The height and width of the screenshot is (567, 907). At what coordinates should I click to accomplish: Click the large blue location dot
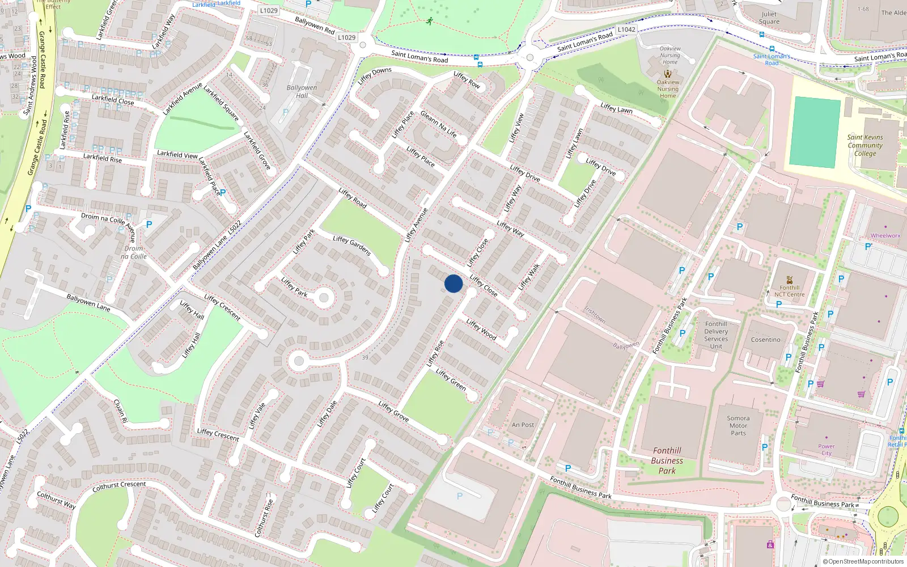[453, 283]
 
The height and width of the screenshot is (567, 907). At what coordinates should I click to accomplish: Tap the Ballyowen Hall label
[302, 91]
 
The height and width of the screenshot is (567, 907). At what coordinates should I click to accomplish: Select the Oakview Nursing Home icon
[668, 74]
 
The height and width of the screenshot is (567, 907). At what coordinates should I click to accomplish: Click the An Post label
[523, 425]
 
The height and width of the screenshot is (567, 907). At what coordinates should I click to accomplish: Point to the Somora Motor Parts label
[738, 425]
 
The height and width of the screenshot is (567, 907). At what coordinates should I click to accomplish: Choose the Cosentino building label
[765, 340]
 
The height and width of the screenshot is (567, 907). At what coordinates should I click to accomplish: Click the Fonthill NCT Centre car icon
[790, 280]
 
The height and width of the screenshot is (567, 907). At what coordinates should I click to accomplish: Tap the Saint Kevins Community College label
[865, 145]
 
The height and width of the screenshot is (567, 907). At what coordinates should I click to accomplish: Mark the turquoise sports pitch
[815, 132]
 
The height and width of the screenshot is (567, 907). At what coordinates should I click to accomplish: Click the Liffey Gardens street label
[352, 246]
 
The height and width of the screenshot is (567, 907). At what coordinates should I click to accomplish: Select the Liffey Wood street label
[481, 329]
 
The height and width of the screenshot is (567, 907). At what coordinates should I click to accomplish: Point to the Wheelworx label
[885, 235]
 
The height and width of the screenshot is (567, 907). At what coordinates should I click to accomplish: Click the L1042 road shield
[626, 29]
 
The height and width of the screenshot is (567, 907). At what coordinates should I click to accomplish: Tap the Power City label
[827, 450]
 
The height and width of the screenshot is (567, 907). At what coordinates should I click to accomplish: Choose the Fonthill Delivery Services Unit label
[716, 335]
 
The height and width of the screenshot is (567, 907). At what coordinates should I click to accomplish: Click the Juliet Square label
[769, 18]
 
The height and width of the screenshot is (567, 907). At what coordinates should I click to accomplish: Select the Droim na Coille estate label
[134, 252]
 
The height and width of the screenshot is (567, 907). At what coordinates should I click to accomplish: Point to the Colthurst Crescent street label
[119, 486]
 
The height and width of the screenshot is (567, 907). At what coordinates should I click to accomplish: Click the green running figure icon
[430, 22]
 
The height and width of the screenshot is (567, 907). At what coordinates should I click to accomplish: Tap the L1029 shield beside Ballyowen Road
[346, 37]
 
